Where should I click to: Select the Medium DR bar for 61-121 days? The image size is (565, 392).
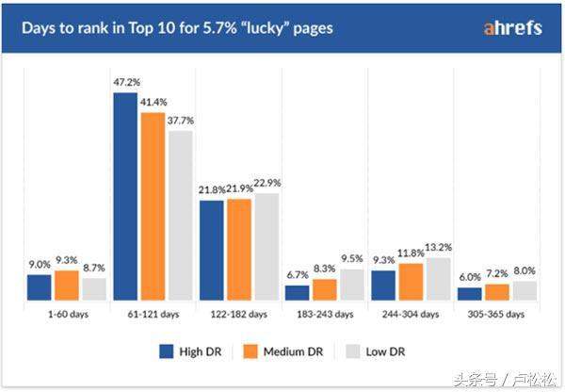coord(153,206)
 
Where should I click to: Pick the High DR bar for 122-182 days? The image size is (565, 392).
coord(211,251)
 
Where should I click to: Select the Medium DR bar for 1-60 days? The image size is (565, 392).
coord(67,286)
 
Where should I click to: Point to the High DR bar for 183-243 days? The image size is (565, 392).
coord(297,293)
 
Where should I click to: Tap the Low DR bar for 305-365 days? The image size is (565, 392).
coord(524,291)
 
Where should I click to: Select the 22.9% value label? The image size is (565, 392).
coord(267,183)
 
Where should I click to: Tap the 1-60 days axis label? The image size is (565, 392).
coord(66,313)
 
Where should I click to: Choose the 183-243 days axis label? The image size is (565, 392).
coord(324,313)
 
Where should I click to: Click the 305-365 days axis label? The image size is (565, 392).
coord(495,313)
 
